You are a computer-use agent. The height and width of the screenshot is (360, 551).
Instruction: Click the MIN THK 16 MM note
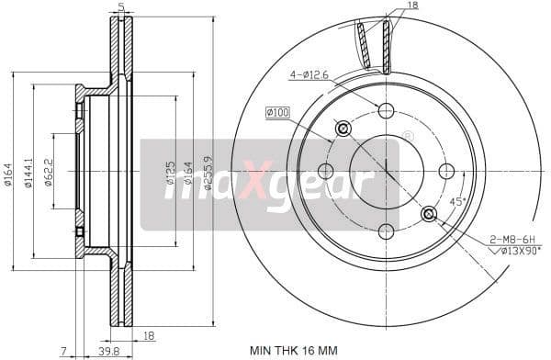click(x=293, y=349)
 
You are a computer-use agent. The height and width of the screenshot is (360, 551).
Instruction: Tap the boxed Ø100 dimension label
click(x=277, y=112)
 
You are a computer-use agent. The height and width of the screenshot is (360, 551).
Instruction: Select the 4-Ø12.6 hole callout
click(x=309, y=74)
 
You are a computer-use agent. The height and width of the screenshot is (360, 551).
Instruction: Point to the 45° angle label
click(x=457, y=201)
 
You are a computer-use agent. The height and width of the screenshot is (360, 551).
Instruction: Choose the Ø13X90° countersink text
click(x=513, y=249)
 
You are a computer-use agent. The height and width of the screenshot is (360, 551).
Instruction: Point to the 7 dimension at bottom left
click(x=63, y=350)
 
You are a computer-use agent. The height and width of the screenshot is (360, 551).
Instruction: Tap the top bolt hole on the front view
click(x=386, y=110)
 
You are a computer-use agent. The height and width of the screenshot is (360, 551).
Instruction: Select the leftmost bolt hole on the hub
click(x=325, y=171)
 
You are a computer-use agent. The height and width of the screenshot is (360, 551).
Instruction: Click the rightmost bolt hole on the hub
click(x=446, y=171)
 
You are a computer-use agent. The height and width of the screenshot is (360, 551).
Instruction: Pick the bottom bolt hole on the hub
click(x=386, y=231)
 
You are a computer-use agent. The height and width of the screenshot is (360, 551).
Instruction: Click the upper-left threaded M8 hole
click(x=343, y=129)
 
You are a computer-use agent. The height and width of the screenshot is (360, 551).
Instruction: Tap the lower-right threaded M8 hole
click(x=429, y=214)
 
